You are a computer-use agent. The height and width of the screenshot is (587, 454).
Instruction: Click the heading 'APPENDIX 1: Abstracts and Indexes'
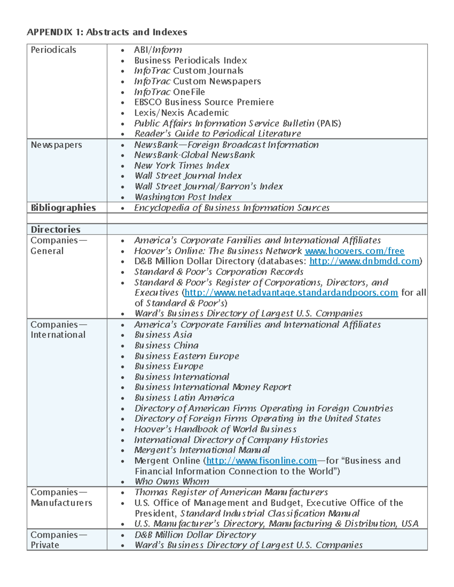point(107,32)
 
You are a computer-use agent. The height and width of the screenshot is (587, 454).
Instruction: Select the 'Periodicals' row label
point(53,50)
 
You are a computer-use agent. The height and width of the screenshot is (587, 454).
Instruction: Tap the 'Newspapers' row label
point(56,145)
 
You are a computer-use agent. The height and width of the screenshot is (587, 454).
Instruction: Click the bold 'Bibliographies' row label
point(63,208)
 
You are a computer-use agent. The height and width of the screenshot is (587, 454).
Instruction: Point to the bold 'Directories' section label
point(55,229)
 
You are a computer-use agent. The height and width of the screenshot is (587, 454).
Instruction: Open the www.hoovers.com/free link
point(354,251)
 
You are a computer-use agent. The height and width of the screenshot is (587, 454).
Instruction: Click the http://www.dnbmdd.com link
point(364,261)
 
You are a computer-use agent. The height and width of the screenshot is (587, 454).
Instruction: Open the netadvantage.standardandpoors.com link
point(291,293)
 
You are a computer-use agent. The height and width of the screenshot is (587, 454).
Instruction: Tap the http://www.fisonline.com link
point(261,461)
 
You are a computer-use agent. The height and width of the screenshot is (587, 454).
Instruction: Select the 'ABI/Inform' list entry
point(158,50)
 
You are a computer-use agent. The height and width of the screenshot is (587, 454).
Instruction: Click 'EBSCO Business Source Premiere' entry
point(204,102)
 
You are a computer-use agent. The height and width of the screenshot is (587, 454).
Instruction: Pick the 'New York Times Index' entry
point(182,166)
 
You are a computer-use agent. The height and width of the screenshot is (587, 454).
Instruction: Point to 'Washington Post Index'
point(183,197)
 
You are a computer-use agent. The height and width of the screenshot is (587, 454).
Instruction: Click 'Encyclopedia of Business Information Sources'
point(232,208)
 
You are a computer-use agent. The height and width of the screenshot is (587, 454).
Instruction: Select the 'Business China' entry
point(166,345)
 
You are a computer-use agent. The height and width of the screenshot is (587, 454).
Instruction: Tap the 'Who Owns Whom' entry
point(172,482)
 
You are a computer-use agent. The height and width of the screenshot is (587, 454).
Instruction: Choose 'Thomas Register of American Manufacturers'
point(231,492)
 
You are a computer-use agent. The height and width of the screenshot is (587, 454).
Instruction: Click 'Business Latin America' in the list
point(184,398)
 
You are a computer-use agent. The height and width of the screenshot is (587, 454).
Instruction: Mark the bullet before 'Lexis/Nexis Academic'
point(122,113)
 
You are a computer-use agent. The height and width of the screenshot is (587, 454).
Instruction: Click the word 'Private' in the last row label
point(45,545)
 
